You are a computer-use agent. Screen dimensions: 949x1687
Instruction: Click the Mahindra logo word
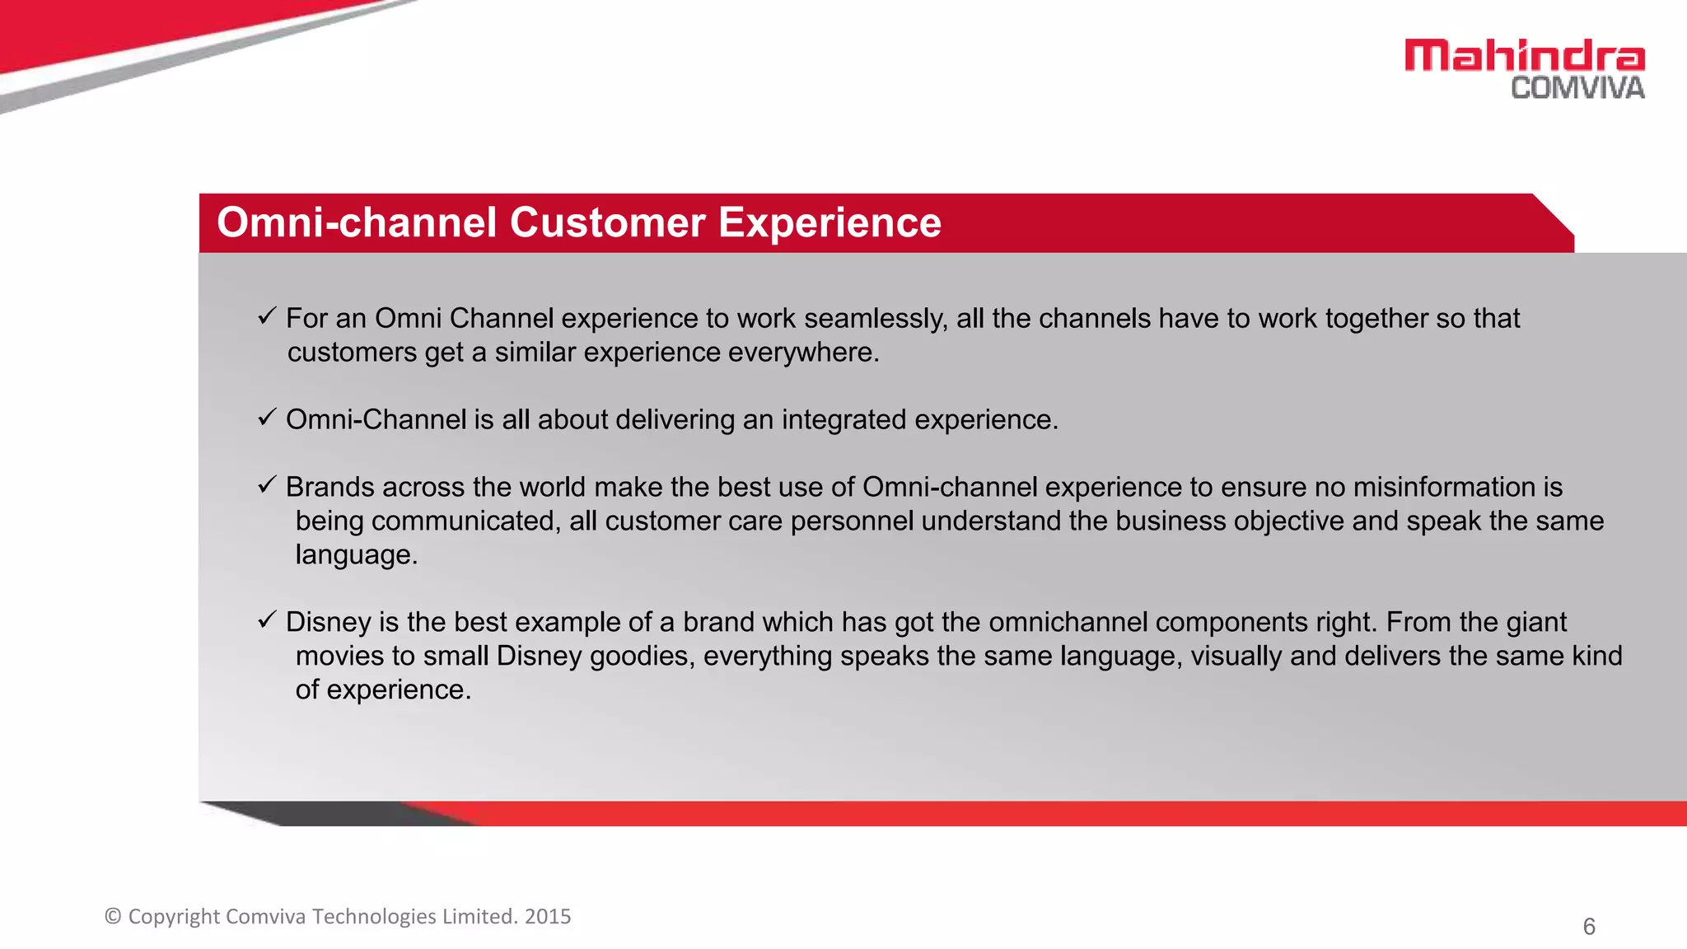click(x=1524, y=56)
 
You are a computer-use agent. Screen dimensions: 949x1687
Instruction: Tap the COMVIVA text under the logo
click(x=1577, y=88)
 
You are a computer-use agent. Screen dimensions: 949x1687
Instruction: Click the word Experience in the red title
click(x=829, y=222)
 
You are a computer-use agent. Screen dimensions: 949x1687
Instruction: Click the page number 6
click(x=1589, y=927)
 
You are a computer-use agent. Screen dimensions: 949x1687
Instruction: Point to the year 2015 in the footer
click(x=548, y=916)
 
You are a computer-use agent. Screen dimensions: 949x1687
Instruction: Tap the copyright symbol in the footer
click(x=113, y=916)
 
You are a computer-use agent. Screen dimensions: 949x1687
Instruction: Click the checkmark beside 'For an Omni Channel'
click(x=265, y=316)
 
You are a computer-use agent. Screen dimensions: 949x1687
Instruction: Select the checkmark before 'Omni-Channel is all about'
click(x=265, y=418)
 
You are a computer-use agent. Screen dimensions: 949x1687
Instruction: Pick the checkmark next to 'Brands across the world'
click(x=265, y=485)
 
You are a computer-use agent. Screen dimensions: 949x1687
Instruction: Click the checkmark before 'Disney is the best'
click(x=265, y=620)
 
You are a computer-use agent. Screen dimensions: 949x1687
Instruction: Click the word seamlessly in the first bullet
click(x=876, y=319)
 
